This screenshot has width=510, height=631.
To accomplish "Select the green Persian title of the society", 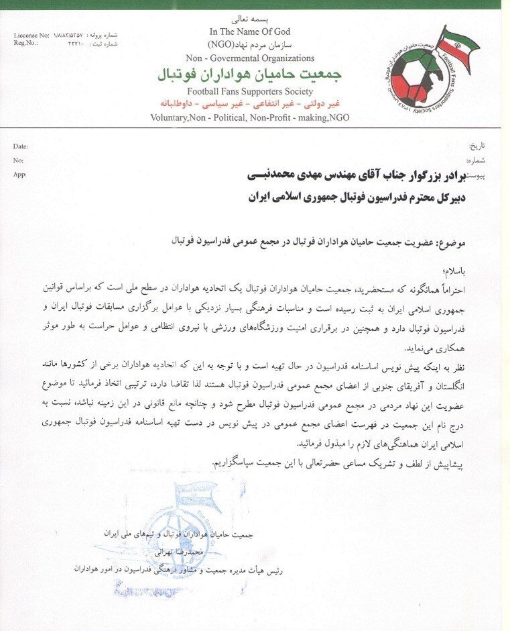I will (x=250, y=73).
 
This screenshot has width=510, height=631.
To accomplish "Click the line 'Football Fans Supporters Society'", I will (x=250, y=91).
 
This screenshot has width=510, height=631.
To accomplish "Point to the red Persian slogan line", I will (x=250, y=104).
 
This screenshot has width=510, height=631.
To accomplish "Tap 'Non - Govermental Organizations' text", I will (x=250, y=58).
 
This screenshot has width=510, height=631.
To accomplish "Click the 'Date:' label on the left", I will (x=21, y=146).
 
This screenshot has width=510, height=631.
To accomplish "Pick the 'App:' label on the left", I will (x=20, y=175).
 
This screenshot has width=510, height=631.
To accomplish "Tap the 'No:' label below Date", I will (x=18, y=160).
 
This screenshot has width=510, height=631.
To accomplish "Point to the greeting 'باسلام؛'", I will (x=476, y=270).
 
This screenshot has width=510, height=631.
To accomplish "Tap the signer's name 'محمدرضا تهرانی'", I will (x=164, y=552).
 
